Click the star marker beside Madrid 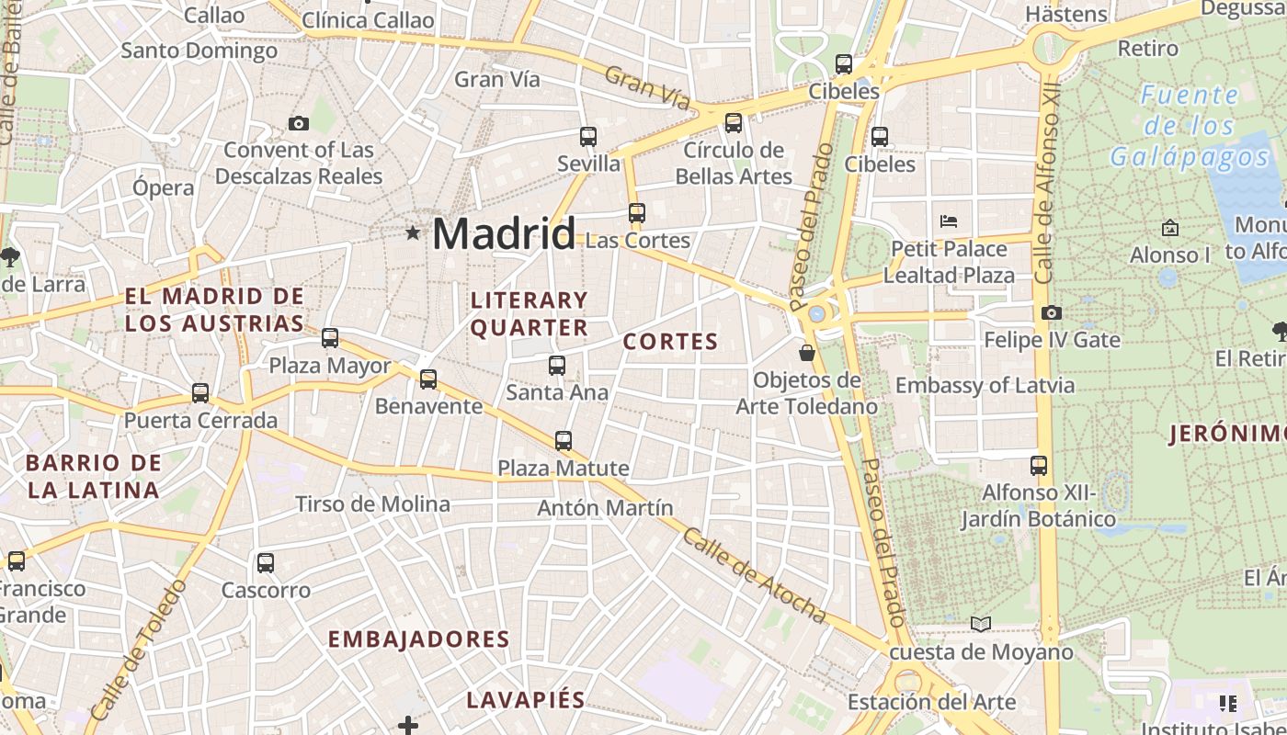[x=413, y=233]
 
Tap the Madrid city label [x=503, y=233]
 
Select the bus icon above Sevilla [x=588, y=137]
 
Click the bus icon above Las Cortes [x=636, y=213]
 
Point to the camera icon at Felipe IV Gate [x=1052, y=313]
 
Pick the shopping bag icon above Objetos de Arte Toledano [x=807, y=353]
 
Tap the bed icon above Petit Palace [x=949, y=221]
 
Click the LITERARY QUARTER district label [x=529, y=313]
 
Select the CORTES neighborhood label [x=670, y=342]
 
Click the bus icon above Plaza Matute [x=564, y=441]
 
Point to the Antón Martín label [x=605, y=507]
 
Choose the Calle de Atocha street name [x=754, y=576]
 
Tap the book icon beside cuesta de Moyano [x=981, y=625]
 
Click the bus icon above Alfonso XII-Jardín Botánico [x=1039, y=466]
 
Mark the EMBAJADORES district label [x=418, y=639]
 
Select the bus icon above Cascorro [x=266, y=562]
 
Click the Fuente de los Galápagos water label [x=1190, y=126]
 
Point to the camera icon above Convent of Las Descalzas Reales [x=298, y=123]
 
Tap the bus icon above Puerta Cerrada [x=200, y=393]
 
